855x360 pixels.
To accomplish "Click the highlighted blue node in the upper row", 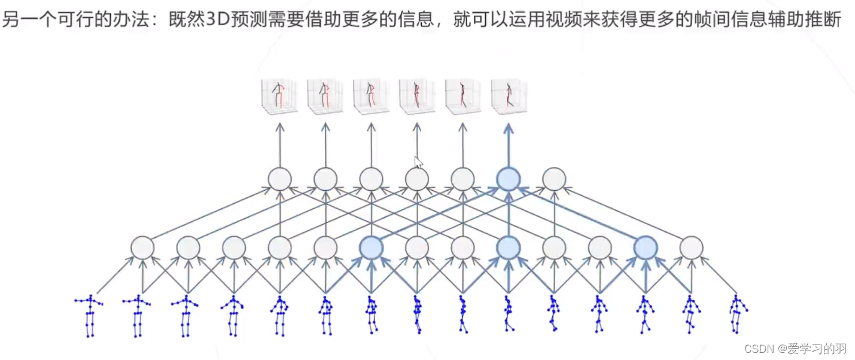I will pos(508,178).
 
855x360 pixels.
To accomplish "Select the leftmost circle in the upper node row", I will pos(279,178).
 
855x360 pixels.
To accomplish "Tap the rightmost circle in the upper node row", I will pos(554,178).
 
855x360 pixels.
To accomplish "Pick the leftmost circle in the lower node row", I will pos(142,248).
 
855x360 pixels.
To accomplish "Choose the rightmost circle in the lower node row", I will pos(691,248).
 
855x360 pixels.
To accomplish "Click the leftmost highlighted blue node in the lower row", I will pos(371,248).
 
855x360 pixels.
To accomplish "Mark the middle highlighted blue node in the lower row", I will pos(508,248).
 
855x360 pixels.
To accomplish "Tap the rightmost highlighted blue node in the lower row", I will pos(646,248).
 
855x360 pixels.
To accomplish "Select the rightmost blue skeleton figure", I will pos(738,314).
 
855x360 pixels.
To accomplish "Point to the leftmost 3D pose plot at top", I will pos(279,96).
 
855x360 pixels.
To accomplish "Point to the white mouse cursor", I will pos(418,161).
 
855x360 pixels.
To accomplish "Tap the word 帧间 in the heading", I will pos(720,20).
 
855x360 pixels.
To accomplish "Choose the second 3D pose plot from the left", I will pos(325,96).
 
